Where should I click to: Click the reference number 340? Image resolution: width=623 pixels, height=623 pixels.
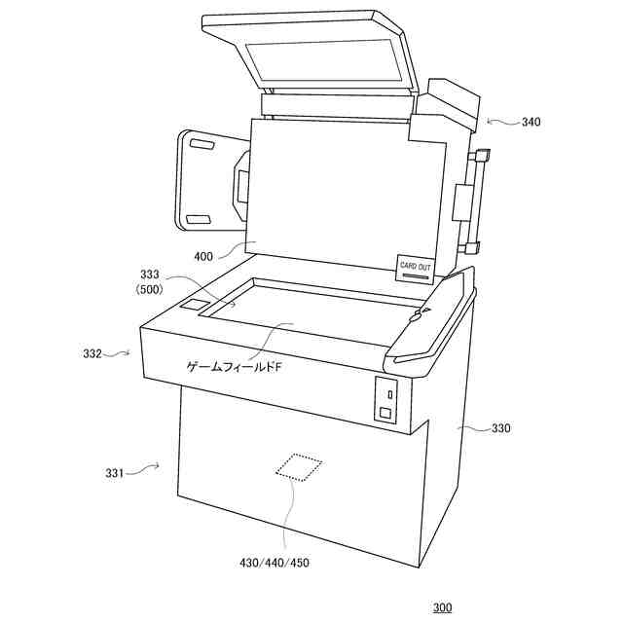point(531,123)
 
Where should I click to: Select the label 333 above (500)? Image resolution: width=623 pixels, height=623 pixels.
point(151,275)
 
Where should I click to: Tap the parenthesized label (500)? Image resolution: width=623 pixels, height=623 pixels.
point(151,289)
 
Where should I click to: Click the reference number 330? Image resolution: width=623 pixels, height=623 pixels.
point(500,428)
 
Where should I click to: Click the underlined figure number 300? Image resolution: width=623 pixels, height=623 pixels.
point(442,607)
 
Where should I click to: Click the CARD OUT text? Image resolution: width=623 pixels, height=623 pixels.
point(416,266)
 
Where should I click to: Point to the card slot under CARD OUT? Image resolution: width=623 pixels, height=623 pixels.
point(417,276)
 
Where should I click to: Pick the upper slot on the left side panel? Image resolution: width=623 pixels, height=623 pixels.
point(202,147)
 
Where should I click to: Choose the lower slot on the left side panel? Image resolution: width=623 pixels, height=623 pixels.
point(198,218)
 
